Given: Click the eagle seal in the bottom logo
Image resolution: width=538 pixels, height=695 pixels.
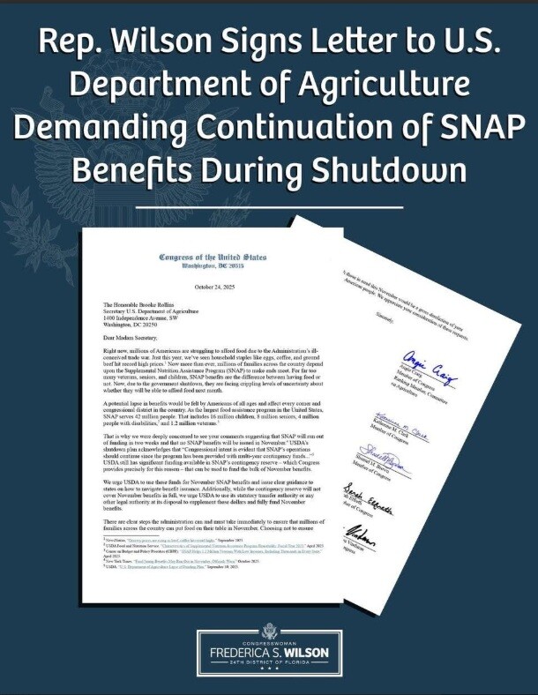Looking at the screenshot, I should [269, 631].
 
